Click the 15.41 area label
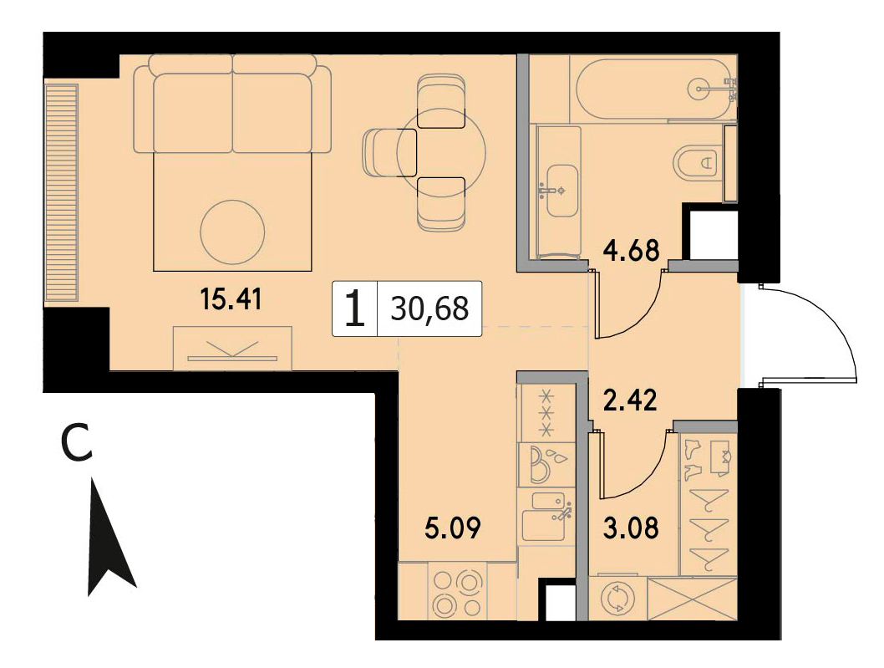(231, 299)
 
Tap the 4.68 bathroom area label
(631, 250)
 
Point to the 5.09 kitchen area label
(453, 528)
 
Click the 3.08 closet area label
(630, 528)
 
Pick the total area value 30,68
(429, 309)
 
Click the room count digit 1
(355, 309)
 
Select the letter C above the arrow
(76, 443)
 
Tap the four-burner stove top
(457, 593)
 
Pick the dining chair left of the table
(389, 152)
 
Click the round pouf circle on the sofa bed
(232, 232)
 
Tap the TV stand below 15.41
(232, 348)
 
